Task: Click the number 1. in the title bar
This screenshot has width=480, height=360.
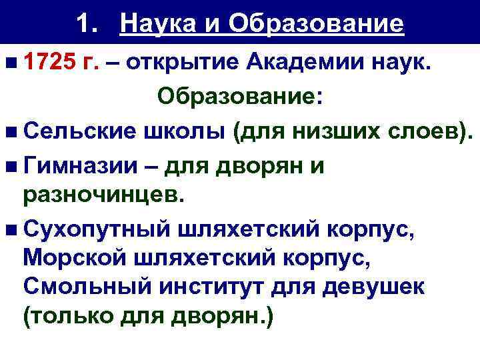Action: coord(89,24)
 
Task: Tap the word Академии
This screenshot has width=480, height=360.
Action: coord(297,63)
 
